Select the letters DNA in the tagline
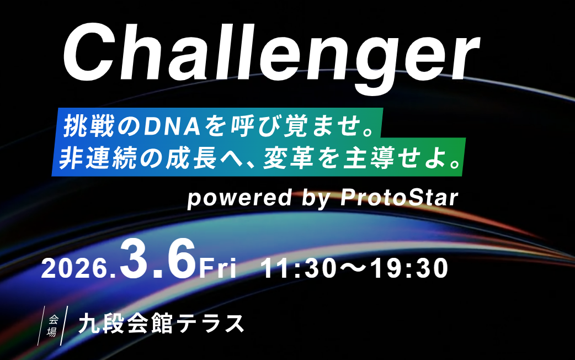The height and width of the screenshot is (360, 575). point(172,126)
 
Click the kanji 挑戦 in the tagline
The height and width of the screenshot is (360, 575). point(88,126)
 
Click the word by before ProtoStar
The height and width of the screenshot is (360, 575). point(316,199)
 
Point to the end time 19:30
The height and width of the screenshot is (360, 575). point(409,269)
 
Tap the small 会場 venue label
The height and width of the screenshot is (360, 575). point(52,326)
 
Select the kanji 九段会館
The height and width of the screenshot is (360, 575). point(125,324)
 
